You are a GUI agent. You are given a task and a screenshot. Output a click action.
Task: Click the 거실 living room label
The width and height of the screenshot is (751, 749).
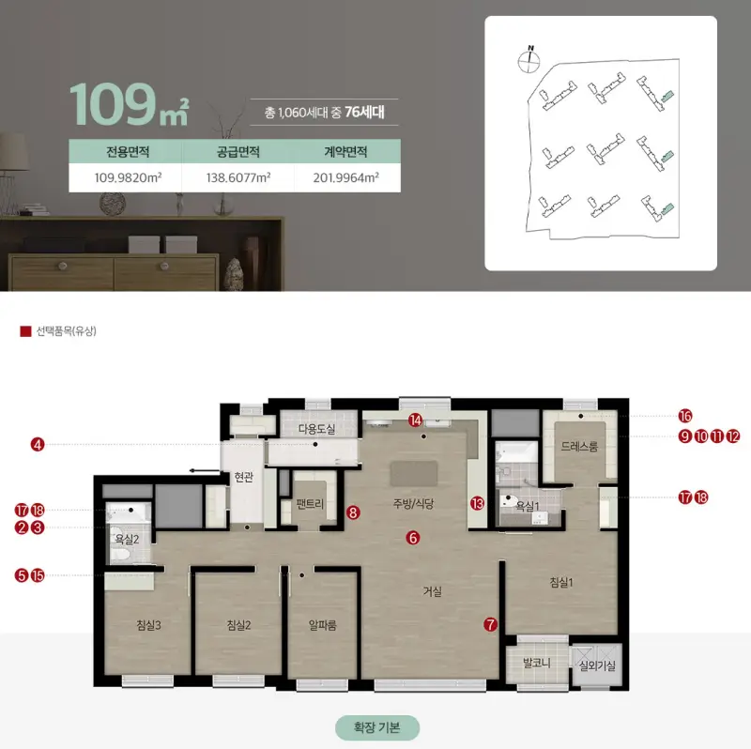(432, 592)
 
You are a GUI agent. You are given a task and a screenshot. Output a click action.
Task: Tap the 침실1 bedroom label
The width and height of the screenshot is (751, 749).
(560, 583)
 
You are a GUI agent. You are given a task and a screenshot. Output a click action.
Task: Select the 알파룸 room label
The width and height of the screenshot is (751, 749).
(322, 625)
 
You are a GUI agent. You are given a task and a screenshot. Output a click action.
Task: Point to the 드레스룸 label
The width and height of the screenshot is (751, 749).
(579, 447)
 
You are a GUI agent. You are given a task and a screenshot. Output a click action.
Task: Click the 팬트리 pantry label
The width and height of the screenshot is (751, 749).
(310, 504)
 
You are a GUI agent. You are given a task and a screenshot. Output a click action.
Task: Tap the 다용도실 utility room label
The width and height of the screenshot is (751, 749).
(316, 429)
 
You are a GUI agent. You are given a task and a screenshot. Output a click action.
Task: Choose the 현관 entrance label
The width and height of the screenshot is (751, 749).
(244, 477)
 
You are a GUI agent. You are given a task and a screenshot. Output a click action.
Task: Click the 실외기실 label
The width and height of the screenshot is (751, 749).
(597, 665)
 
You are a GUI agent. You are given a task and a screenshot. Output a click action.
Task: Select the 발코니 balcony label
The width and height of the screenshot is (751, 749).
(536, 664)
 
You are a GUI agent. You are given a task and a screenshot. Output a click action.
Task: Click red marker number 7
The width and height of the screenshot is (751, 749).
(490, 624)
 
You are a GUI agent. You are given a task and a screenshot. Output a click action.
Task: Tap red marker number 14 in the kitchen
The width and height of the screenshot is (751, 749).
(415, 420)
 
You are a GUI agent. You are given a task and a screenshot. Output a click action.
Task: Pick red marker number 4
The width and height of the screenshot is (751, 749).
(38, 444)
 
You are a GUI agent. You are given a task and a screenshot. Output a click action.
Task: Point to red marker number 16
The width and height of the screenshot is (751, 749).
(685, 416)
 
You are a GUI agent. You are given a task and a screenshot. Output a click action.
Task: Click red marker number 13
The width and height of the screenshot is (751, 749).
(477, 503)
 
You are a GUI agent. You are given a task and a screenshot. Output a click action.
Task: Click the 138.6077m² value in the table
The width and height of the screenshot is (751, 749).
(238, 177)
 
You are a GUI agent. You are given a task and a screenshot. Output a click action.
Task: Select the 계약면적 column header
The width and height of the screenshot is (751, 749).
(345, 152)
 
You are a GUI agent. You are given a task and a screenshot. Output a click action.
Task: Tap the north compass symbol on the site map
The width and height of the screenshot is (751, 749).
(529, 60)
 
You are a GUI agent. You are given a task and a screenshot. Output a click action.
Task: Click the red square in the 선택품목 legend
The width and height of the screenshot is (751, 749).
(25, 331)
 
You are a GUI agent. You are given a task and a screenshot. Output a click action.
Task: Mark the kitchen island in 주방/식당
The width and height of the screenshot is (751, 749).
(414, 474)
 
